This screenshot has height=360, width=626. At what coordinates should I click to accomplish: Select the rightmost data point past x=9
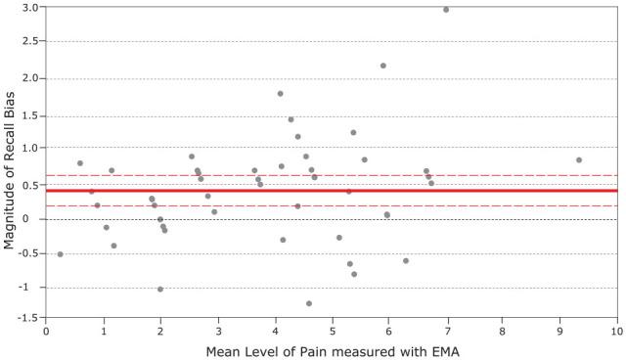579,159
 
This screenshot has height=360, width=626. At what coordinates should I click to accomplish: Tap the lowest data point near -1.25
309,303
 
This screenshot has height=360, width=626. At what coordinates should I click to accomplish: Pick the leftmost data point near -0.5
60,254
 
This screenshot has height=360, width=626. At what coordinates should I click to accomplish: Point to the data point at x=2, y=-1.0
160,289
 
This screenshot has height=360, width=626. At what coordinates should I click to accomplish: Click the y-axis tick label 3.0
29,8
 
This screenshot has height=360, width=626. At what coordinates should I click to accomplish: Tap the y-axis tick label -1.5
27,318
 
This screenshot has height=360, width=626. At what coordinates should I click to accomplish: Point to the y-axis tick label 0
36,218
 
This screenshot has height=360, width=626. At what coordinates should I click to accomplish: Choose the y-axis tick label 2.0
29,78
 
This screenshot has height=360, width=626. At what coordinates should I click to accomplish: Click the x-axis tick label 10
615,331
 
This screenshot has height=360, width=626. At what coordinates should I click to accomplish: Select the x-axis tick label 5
332,331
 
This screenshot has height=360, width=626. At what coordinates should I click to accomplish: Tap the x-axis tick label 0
46,331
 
